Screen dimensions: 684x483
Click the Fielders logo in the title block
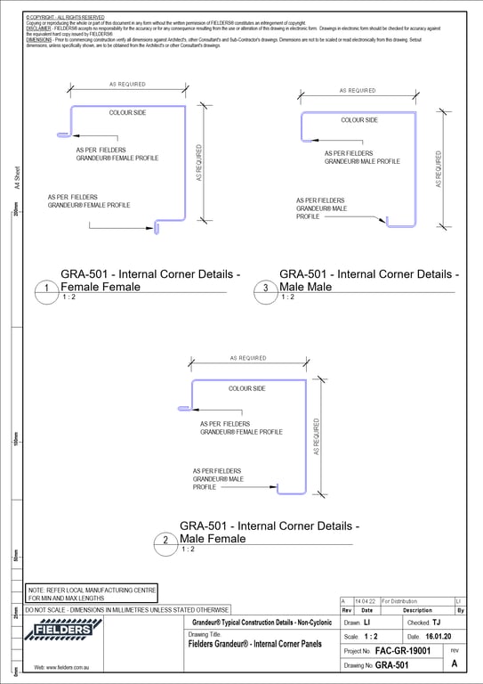[x=62, y=631]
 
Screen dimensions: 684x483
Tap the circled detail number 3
[x=265, y=288]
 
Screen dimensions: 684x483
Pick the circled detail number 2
[x=165, y=541]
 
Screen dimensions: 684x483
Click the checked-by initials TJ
[x=436, y=623]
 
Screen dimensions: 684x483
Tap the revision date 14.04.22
[x=365, y=602]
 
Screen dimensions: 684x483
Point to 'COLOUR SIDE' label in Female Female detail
[x=127, y=113]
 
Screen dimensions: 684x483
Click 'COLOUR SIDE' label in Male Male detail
[x=359, y=119]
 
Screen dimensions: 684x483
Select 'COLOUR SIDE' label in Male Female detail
[x=246, y=388]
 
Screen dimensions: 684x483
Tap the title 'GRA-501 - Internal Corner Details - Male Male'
[x=368, y=281]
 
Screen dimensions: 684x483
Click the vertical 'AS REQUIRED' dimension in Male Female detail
[x=316, y=437]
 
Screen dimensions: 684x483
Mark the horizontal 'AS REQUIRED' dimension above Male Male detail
[x=358, y=91]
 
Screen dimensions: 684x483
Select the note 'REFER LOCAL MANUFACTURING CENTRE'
[x=93, y=590]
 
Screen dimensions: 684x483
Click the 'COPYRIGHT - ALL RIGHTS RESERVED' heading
[x=65, y=17]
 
